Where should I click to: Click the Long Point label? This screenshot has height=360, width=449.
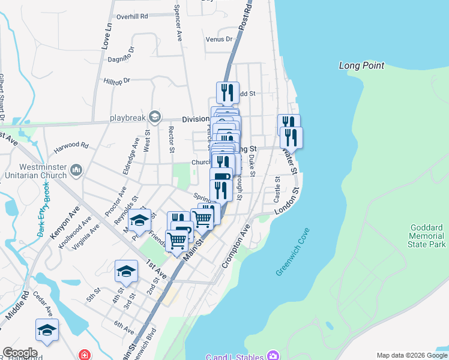[x=361, y=65]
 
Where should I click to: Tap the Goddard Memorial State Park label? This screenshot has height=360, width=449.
[x=427, y=236]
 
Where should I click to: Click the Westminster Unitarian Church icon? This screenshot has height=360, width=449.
[x=76, y=171]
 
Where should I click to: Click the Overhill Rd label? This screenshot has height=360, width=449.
[x=132, y=17]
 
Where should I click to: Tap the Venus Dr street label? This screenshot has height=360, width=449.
[x=218, y=39]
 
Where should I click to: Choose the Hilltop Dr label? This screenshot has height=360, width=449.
[x=117, y=80]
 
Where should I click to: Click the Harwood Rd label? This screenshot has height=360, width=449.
[x=71, y=145]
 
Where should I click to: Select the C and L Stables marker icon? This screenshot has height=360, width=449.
[x=273, y=355]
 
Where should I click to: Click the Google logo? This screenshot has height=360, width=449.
[x=20, y=353]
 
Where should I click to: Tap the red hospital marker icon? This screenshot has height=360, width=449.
[x=85, y=355]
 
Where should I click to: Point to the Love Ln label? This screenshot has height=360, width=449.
[x=107, y=35]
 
